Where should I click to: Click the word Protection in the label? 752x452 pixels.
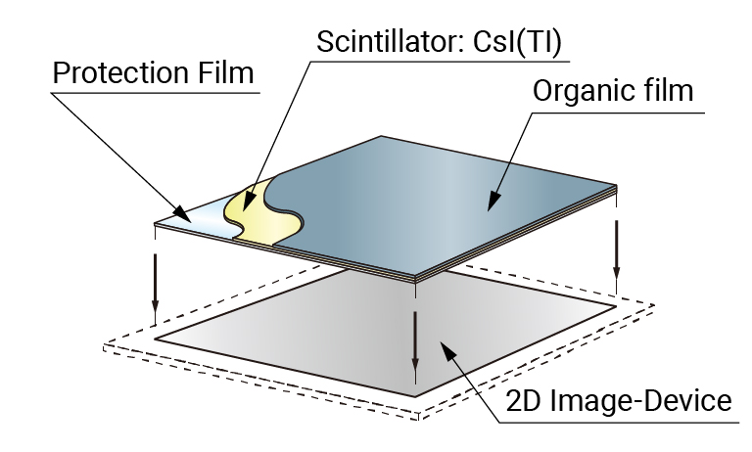coord(117,73)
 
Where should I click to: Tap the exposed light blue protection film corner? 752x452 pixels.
coord(196,220)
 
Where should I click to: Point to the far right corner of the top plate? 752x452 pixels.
coord(617,185)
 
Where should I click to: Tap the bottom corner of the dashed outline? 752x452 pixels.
coord(420,417)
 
